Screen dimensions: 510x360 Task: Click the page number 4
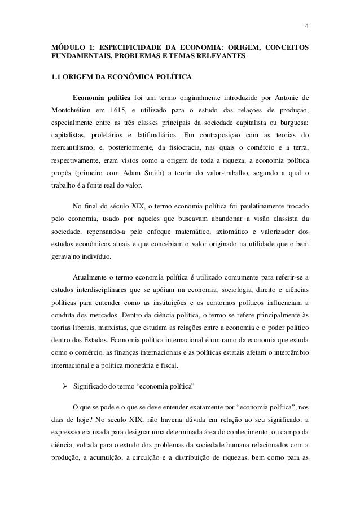click(x=307, y=25)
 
